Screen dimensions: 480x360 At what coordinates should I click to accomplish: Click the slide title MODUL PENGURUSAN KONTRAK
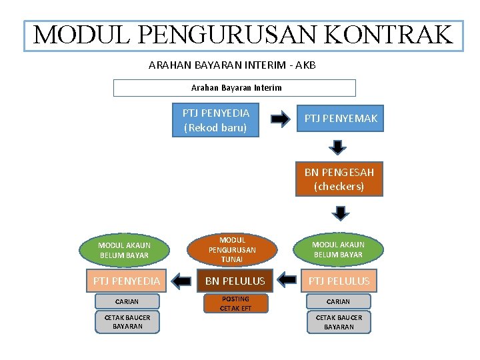tap(243, 35)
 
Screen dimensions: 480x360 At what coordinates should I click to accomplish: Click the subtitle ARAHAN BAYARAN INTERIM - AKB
tap(232, 65)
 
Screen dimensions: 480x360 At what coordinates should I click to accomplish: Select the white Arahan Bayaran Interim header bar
tap(235, 87)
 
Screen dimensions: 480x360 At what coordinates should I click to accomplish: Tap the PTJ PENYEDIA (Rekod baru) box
tap(215, 120)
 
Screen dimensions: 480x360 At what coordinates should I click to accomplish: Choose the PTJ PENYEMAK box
tap(340, 118)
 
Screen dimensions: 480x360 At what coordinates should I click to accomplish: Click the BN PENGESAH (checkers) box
tap(339, 179)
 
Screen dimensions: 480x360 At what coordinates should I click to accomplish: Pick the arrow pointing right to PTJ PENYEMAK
tap(280, 119)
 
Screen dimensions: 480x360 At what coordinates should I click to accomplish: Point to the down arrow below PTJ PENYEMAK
tap(339, 147)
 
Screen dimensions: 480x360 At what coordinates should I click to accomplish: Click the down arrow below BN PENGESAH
tap(341, 213)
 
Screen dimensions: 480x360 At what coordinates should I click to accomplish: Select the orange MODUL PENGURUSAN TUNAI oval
tap(232, 249)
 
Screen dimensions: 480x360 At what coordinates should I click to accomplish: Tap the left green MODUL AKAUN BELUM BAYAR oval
tap(125, 250)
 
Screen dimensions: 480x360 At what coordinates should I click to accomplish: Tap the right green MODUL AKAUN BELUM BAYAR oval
tap(339, 249)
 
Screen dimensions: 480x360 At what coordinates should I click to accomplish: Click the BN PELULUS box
tap(234, 281)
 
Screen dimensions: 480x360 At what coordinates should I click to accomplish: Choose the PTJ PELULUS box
tap(339, 281)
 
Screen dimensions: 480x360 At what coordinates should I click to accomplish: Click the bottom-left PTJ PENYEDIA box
tap(126, 281)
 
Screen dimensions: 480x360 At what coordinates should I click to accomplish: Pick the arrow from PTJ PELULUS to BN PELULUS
tap(287, 281)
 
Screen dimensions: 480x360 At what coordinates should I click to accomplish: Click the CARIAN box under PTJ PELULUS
tap(339, 301)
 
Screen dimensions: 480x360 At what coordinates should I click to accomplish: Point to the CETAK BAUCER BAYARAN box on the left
tap(127, 322)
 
